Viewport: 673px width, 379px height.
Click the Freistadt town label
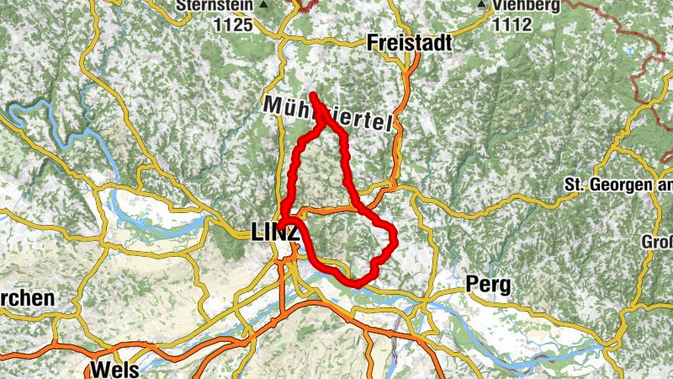[x=410, y=43]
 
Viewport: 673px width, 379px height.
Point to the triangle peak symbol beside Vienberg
[x=481, y=5]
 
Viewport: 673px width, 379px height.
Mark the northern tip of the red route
[x=312, y=94]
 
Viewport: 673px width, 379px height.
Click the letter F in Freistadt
[x=373, y=43]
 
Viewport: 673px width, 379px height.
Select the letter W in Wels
[x=98, y=370]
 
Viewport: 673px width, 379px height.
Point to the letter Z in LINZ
[x=293, y=232]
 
